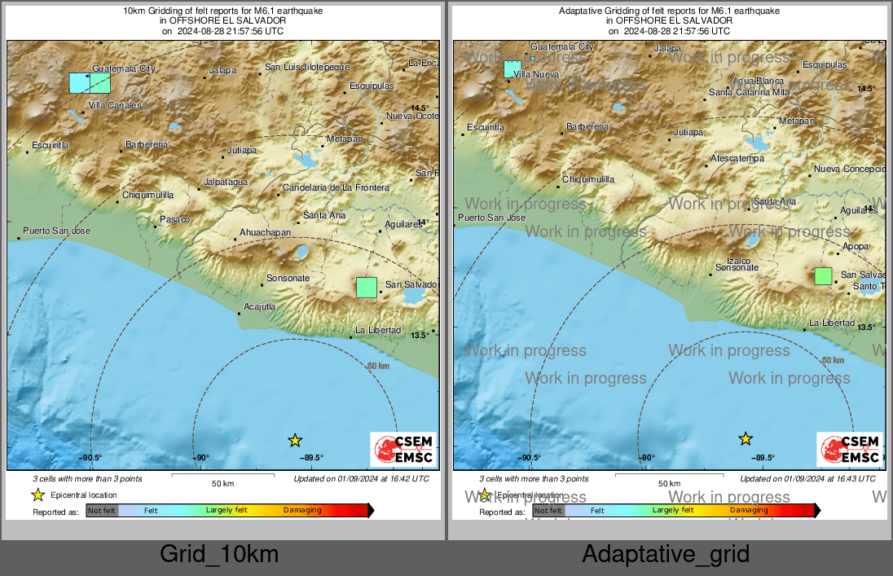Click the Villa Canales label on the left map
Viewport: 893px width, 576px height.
pos(114,105)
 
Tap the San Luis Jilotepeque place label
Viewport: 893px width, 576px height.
pos(307,67)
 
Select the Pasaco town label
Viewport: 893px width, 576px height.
pos(174,219)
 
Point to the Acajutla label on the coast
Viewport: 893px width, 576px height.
pos(260,306)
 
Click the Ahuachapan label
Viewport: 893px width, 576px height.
pos(266,232)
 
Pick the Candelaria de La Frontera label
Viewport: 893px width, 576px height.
pos(336,188)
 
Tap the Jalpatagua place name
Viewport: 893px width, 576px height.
pos(226,182)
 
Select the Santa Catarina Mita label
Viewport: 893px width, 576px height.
pos(750,92)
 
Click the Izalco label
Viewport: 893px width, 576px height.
pos(727,261)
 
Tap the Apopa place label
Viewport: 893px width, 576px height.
pos(856,246)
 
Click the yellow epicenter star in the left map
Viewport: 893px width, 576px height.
pos(295,441)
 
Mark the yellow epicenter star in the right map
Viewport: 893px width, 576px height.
pos(746,439)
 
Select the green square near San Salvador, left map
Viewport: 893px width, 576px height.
pos(367,288)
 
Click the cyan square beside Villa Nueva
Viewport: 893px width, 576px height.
pos(512,69)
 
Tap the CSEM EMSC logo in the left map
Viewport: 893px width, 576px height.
pos(404,450)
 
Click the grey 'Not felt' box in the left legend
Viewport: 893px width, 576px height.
pos(103,511)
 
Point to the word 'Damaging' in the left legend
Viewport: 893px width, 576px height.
pos(302,511)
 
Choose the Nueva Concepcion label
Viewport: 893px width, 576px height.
pos(849,169)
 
